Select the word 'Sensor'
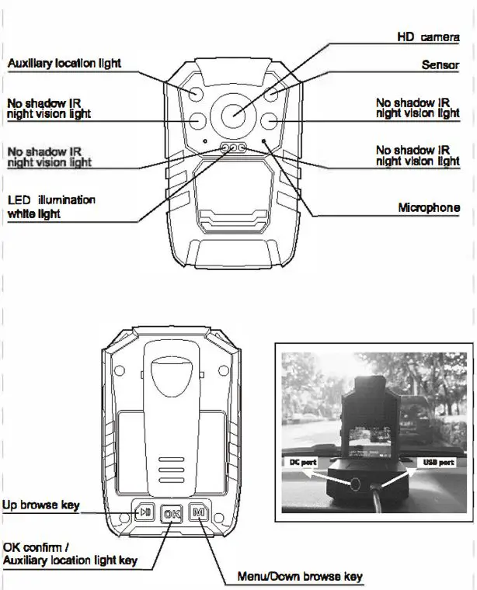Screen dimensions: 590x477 coord(440,65)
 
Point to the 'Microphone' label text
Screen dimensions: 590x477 coord(429,208)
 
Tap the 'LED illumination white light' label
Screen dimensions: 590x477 coord(51,206)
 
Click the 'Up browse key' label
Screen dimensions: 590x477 coord(40,505)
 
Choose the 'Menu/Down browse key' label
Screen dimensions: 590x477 coord(300,577)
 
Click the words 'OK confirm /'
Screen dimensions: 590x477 coord(36,546)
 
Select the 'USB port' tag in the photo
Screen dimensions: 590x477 coord(438,462)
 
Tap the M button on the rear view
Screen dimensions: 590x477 coord(198,512)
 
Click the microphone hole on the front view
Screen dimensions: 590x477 coord(264,141)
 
